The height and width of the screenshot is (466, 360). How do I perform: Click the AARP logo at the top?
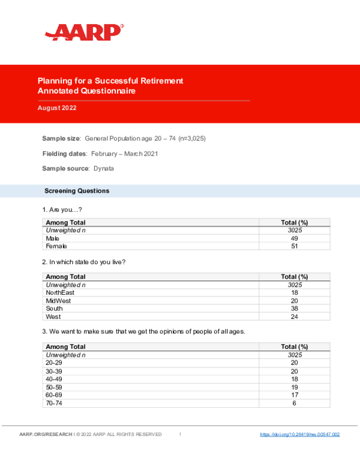coord(85,32)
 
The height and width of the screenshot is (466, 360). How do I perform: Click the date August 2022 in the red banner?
coord(57,108)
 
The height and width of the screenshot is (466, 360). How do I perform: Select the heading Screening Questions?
coord(77,191)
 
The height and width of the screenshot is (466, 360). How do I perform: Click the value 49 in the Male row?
coord(294,238)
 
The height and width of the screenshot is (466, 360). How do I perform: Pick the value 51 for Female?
coord(294,246)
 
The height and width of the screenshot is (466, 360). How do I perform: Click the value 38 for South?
coord(294,309)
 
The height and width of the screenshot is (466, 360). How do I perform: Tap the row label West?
coord(53,316)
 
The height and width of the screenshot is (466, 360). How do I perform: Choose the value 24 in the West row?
coord(294,316)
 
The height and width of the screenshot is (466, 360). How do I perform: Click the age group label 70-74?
coord(55,403)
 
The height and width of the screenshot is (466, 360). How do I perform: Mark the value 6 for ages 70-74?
coord(294,403)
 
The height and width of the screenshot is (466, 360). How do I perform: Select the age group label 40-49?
coord(55,379)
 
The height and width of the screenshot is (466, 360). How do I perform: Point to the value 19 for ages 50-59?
coord(294,387)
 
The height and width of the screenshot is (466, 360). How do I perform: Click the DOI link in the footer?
coord(299,434)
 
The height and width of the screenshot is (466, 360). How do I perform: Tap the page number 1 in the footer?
coord(180,434)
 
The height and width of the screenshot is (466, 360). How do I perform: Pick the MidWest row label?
coord(57,300)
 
